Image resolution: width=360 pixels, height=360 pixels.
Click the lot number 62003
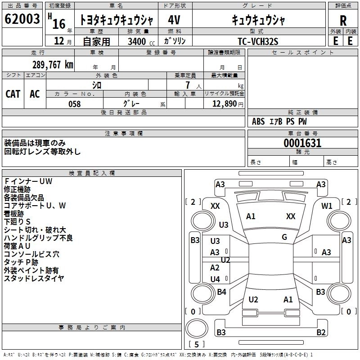point(22,19)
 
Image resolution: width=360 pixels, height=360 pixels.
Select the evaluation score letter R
point(343,20)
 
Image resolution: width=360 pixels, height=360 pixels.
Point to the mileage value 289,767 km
point(53,65)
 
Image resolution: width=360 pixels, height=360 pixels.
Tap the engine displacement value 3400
point(136,41)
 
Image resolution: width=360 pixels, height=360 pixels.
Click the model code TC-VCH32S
point(258,41)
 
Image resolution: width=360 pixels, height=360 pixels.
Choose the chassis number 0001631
point(302,143)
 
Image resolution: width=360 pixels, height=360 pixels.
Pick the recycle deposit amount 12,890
point(224,103)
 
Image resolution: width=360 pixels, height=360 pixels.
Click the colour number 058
point(74,103)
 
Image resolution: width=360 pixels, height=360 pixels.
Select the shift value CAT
point(13,94)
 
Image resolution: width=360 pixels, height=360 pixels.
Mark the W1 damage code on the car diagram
point(327,206)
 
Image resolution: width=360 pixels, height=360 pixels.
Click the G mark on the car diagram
point(284,237)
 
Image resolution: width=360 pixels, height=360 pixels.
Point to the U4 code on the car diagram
point(215,279)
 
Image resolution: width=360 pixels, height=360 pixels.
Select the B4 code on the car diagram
point(221,292)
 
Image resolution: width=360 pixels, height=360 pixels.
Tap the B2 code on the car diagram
point(321,333)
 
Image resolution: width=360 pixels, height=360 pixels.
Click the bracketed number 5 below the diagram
point(196,344)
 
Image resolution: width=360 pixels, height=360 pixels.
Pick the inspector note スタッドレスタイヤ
point(34,278)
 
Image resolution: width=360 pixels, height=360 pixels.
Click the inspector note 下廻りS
point(17,221)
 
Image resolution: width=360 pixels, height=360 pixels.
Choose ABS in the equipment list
point(258,121)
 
